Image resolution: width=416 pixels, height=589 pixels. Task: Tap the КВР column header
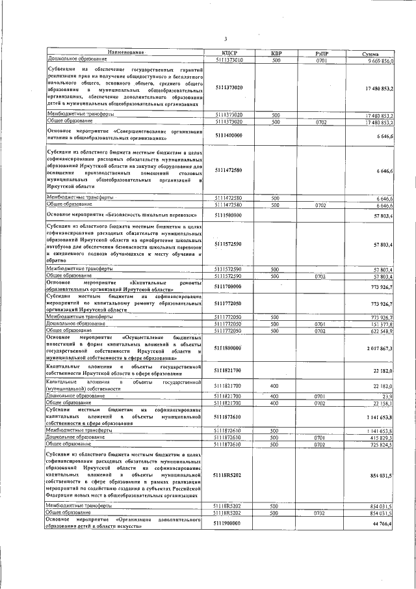coord(275,53)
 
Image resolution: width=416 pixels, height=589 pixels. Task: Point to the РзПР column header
coord(320,53)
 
